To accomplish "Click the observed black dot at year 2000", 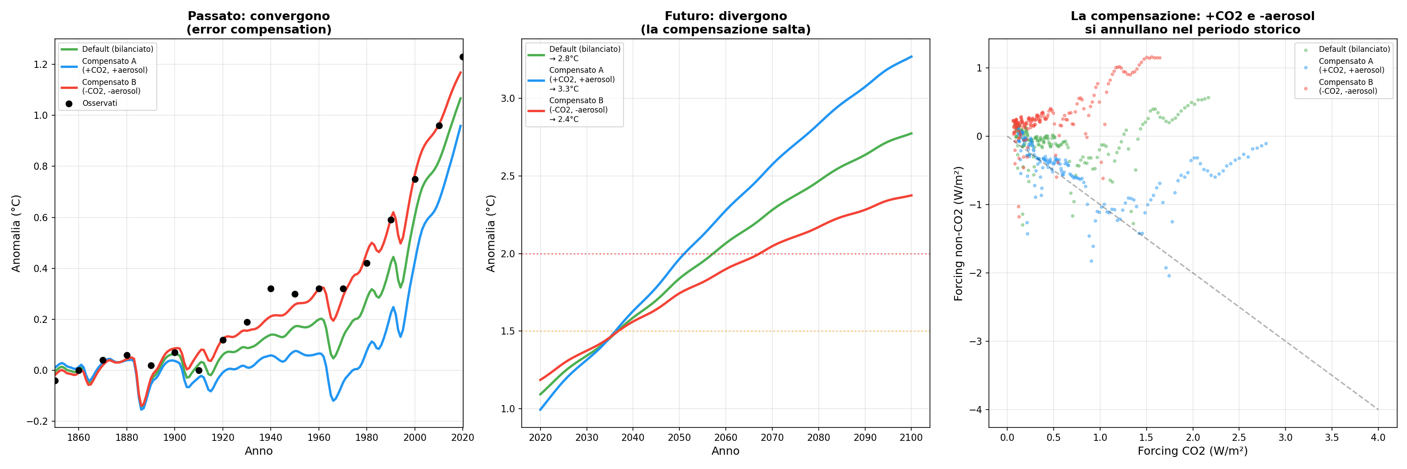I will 415,179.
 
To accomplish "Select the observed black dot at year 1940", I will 271,289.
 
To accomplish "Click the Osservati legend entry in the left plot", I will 100,103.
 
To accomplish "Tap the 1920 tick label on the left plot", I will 223,437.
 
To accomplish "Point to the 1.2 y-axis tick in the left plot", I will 41,64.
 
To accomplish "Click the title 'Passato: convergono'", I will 258,16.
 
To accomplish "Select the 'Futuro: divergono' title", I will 725,16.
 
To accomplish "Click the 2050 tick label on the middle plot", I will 679,437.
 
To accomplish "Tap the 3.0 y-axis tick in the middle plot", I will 508,98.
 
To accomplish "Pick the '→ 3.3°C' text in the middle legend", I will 564,89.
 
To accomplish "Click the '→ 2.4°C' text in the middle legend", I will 564,119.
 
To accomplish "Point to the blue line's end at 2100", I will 912,56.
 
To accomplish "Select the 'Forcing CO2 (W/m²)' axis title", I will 1192,451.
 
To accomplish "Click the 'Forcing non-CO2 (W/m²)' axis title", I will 958,234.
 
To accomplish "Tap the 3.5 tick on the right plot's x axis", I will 1332,437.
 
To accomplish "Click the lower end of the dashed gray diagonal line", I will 1378,410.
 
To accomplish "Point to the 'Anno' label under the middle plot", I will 725,451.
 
